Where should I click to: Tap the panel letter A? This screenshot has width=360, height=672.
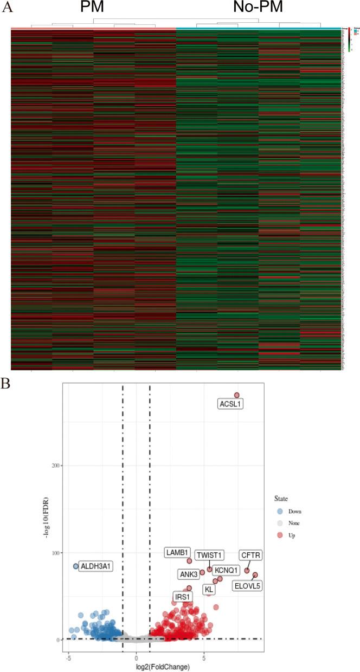[7, 7]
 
